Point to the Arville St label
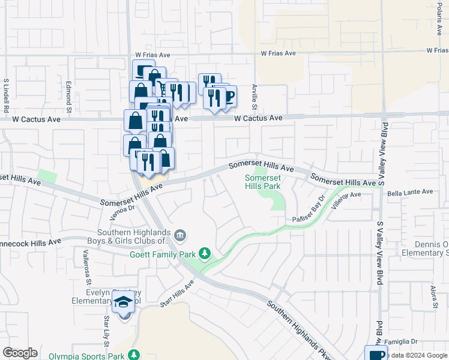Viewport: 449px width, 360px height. [255, 96]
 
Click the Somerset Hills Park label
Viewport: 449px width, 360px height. [263, 182]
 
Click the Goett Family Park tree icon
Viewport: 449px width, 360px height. [205, 254]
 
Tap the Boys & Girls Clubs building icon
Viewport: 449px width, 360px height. [180, 233]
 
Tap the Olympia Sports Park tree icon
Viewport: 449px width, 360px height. [134, 355]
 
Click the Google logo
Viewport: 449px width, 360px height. [20, 353]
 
